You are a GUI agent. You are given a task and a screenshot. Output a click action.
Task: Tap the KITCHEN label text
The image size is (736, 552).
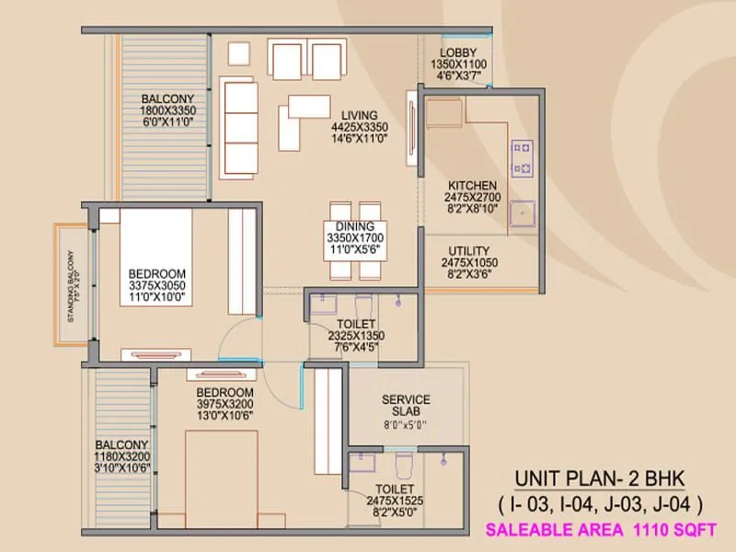pos(472,184)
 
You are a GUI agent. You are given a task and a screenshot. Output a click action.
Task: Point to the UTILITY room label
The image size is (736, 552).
pos(469,250)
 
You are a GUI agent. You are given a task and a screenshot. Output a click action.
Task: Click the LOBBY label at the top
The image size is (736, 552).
pos(457,52)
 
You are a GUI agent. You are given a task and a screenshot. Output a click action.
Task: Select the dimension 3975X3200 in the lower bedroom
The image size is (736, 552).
pos(224,404)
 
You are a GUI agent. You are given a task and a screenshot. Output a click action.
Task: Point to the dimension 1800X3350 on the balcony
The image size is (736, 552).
pos(168,109)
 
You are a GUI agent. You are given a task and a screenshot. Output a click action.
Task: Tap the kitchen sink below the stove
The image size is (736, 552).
pos(524,213)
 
